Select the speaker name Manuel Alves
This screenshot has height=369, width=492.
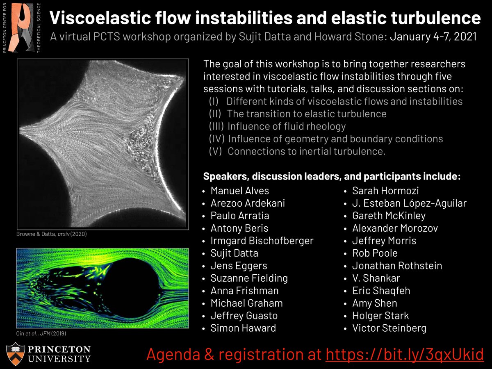pos(239,191)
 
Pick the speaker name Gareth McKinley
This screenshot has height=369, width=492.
pos(389,216)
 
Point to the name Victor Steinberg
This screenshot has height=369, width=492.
pos(389,328)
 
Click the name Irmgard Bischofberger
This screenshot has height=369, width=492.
pos(262,241)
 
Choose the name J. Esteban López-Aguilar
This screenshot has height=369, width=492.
pos(409,203)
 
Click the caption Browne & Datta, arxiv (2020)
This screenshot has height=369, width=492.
pos(52,234)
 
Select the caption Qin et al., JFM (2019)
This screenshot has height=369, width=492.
pos(41,334)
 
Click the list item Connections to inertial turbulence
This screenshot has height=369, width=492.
pos(306,151)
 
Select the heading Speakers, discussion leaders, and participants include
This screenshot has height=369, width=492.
pos(332,177)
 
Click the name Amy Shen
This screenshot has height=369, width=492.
pos(374,303)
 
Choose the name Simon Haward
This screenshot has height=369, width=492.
pos(243,328)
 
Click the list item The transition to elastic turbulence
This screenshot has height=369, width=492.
pos(306,114)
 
